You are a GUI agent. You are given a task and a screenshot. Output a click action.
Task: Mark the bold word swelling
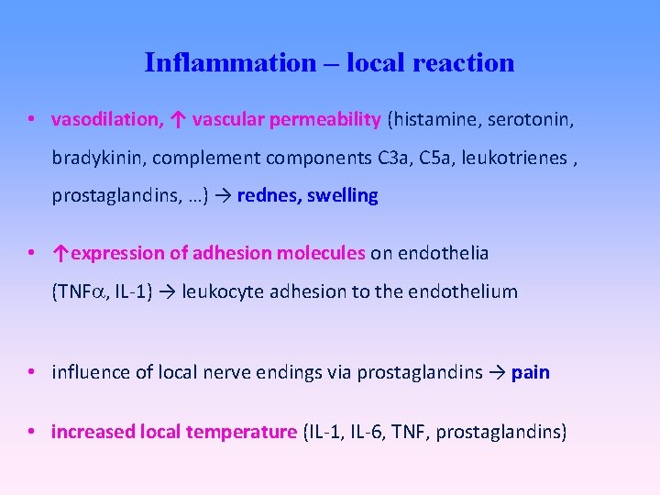344,195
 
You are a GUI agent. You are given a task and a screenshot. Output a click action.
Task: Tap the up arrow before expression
61,253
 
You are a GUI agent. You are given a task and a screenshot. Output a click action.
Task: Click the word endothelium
468,291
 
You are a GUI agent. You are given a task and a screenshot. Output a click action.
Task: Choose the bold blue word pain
531,372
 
